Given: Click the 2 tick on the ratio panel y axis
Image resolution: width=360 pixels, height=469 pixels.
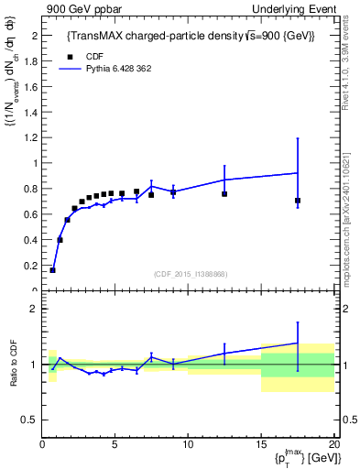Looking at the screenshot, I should (x=34, y=309).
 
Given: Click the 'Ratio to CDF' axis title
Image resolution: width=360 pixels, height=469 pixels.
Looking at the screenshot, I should (x=13, y=365).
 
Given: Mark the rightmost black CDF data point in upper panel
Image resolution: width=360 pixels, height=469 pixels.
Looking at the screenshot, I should (x=298, y=201).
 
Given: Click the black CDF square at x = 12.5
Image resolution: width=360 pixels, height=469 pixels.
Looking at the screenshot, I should (x=224, y=194).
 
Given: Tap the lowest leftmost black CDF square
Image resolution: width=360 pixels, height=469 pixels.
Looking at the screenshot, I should (x=53, y=270).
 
